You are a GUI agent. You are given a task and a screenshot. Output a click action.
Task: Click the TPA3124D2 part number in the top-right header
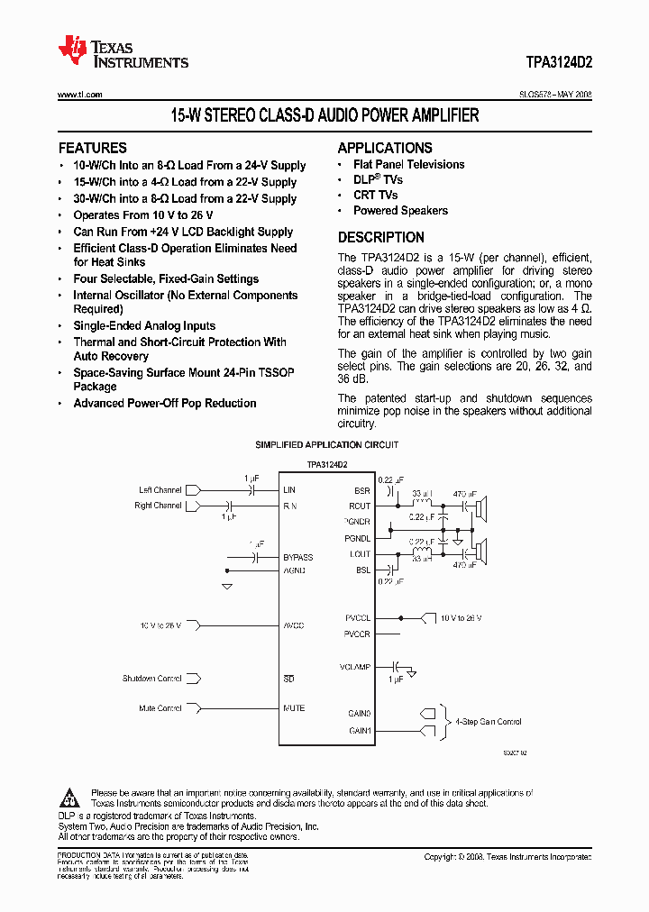pyautogui.click(x=559, y=63)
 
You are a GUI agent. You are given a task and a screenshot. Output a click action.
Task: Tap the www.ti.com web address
pyautogui.click(x=79, y=95)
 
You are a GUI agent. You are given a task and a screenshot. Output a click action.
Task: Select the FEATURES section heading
pyautogui.click(x=93, y=148)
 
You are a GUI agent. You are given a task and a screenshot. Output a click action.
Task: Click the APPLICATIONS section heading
pyautogui.click(x=385, y=148)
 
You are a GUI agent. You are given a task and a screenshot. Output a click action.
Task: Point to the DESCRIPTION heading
pyautogui.click(x=380, y=238)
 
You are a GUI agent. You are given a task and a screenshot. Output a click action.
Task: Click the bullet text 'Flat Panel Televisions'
pyautogui.click(x=409, y=165)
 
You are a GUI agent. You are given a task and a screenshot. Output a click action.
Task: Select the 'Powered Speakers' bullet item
pyautogui.click(x=400, y=211)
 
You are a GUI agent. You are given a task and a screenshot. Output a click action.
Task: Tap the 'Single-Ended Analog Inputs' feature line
pyautogui.click(x=144, y=326)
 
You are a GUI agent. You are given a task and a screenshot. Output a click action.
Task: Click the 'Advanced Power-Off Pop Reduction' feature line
pyautogui.click(x=165, y=404)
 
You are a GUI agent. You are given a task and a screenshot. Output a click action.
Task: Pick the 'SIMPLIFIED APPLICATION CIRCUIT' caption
pyautogui.click(x=326, y=445)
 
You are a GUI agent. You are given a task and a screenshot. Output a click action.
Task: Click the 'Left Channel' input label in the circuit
pyautogui.click(x=160, y=490)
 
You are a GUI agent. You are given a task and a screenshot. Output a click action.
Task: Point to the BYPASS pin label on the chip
pyautogui.click(x=298, y=558)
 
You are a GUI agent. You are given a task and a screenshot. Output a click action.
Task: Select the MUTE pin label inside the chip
pyautogui.click(x=294, y=708)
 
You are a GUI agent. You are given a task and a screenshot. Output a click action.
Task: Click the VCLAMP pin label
pyautogui.click(x=356, y=668)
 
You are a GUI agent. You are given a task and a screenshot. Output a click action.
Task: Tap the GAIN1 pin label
pyautogui.click(x=359, y=730)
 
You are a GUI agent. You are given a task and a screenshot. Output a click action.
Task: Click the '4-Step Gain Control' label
pyautogui.click(x=488, y=722)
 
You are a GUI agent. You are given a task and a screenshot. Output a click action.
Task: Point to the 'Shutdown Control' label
pyautogui.click(x=152, y=679)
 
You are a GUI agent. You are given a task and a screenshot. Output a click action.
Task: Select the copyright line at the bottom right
pyautogui.click(x=507, y=857)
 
